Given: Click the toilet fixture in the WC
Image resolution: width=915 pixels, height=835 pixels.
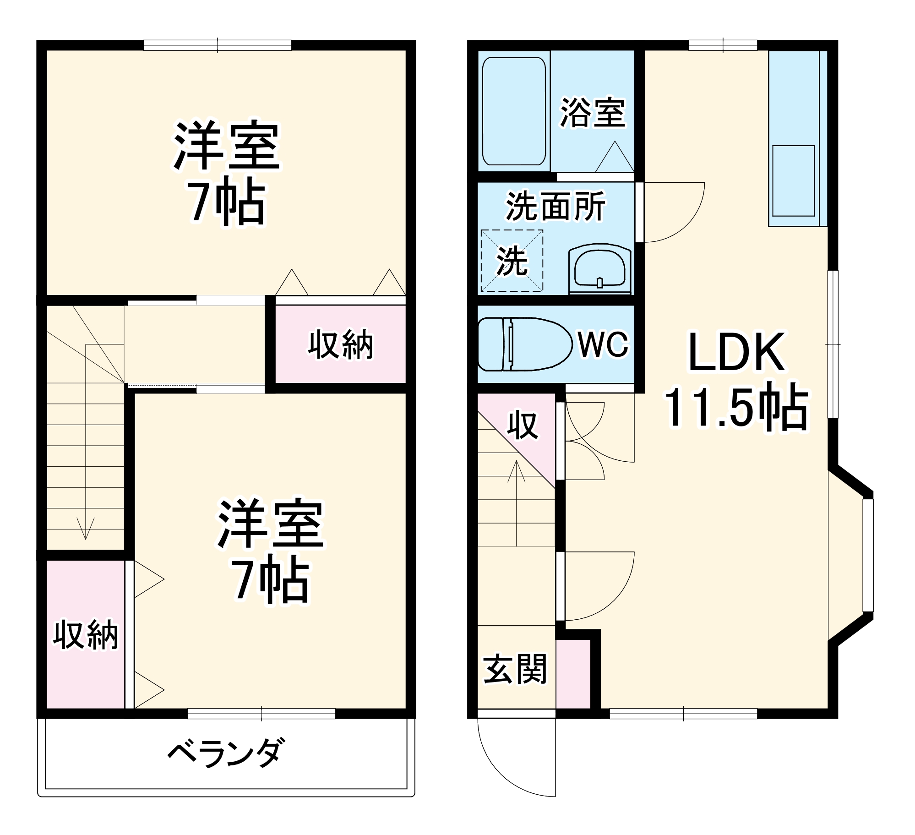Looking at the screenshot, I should (x=524, y=344).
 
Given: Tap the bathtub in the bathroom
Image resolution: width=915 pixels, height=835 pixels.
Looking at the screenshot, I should (x=514, y=111).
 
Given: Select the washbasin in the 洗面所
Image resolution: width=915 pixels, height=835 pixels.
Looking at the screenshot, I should (x=599, y=269).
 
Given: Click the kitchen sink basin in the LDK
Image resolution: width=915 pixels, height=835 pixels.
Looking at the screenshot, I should (x=793, y=180).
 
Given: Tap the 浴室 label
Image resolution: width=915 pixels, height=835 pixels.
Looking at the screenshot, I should (x=593, y=112).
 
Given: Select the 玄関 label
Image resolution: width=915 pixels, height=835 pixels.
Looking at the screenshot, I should (x=515, y=669).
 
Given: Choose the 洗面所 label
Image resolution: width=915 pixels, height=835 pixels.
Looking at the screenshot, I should (x=556, y=206).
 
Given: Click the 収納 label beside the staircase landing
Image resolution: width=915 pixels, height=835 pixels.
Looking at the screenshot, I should (x=340, y=344).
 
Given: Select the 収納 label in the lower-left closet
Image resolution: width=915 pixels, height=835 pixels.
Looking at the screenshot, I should (x=86, y=635).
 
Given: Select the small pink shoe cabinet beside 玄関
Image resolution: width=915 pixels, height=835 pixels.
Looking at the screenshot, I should (x=573, y=674).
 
